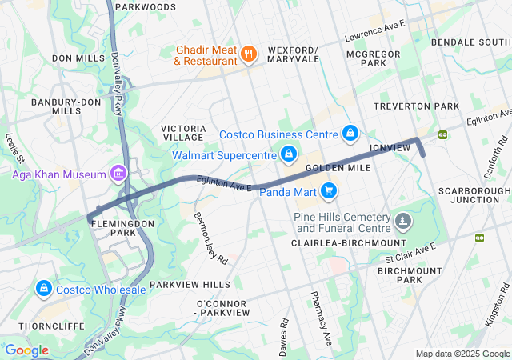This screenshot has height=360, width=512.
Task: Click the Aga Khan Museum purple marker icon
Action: [x=118, y=174]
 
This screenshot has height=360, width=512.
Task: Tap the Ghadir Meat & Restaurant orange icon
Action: [x=249, y=54]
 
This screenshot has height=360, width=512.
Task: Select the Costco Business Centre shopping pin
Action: [x=350, y=132]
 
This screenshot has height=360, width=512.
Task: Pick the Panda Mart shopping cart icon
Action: [x=328, y=190]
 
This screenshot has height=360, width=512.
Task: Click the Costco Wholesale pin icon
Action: [x=43, y=288]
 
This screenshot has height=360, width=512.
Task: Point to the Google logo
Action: [x=26, y=350]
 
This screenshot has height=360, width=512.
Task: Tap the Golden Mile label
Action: [x=337, y=169]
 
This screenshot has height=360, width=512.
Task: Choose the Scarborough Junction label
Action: [x=474, y=195]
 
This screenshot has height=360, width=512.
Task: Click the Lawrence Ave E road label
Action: [x=375, y=32]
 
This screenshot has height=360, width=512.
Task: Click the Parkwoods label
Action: [x=145, y=6]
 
